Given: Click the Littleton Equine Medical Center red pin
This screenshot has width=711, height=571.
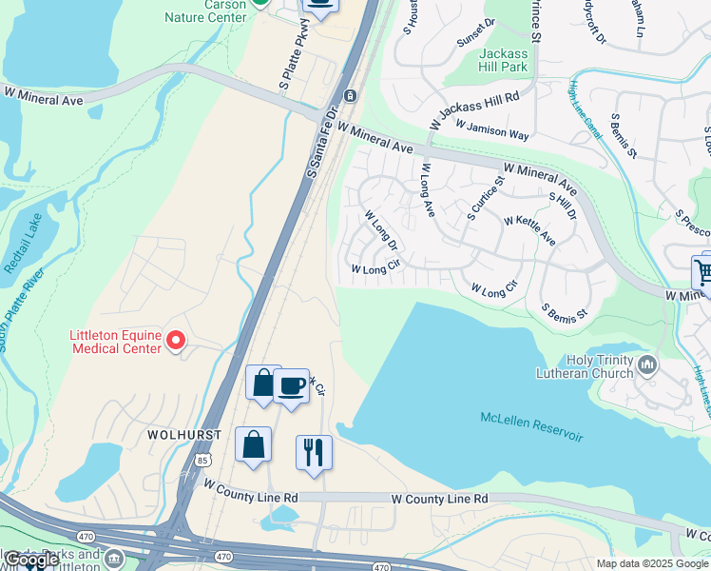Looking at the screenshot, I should (175, 340).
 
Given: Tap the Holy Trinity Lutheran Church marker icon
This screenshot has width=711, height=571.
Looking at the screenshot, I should (648, 364).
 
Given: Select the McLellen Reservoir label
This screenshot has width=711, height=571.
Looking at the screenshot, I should (531, 429).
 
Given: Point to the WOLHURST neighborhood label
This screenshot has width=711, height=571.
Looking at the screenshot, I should (184, 434).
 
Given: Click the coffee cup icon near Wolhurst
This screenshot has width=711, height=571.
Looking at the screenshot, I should (292, 385).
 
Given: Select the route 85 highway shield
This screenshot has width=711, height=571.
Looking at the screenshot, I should (202, 460).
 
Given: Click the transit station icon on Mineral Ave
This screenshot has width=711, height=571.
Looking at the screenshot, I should (351, 95).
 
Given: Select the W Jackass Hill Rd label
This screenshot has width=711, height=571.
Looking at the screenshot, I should (475, 97).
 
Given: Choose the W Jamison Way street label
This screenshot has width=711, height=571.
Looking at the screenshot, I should (491, 129).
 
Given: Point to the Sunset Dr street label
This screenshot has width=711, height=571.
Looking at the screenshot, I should (476, 34).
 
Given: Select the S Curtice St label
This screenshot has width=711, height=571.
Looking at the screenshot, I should (485, 195).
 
